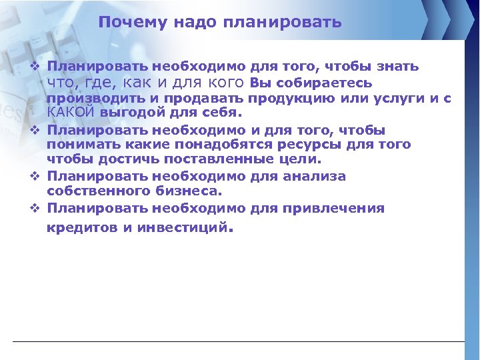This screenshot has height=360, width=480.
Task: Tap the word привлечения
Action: point(337,208)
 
